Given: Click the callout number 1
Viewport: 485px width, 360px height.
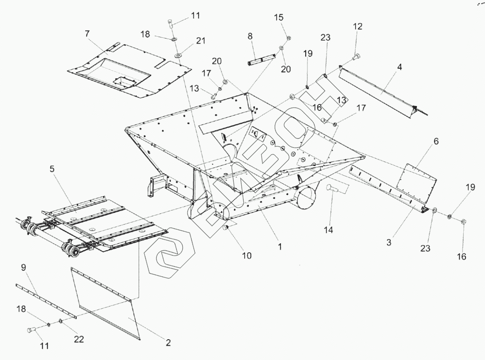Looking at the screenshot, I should (x=280, y=246).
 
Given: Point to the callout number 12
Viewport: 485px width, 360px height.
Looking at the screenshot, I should (x=358, y=27).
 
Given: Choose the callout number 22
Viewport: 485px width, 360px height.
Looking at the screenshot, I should (x=79, y=339).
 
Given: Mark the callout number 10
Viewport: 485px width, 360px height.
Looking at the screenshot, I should (x=247, y=255).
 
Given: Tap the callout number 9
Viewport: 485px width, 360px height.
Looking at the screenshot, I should (x=23, y=269).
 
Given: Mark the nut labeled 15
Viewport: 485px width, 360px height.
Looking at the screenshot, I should (x=289, y=38).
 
